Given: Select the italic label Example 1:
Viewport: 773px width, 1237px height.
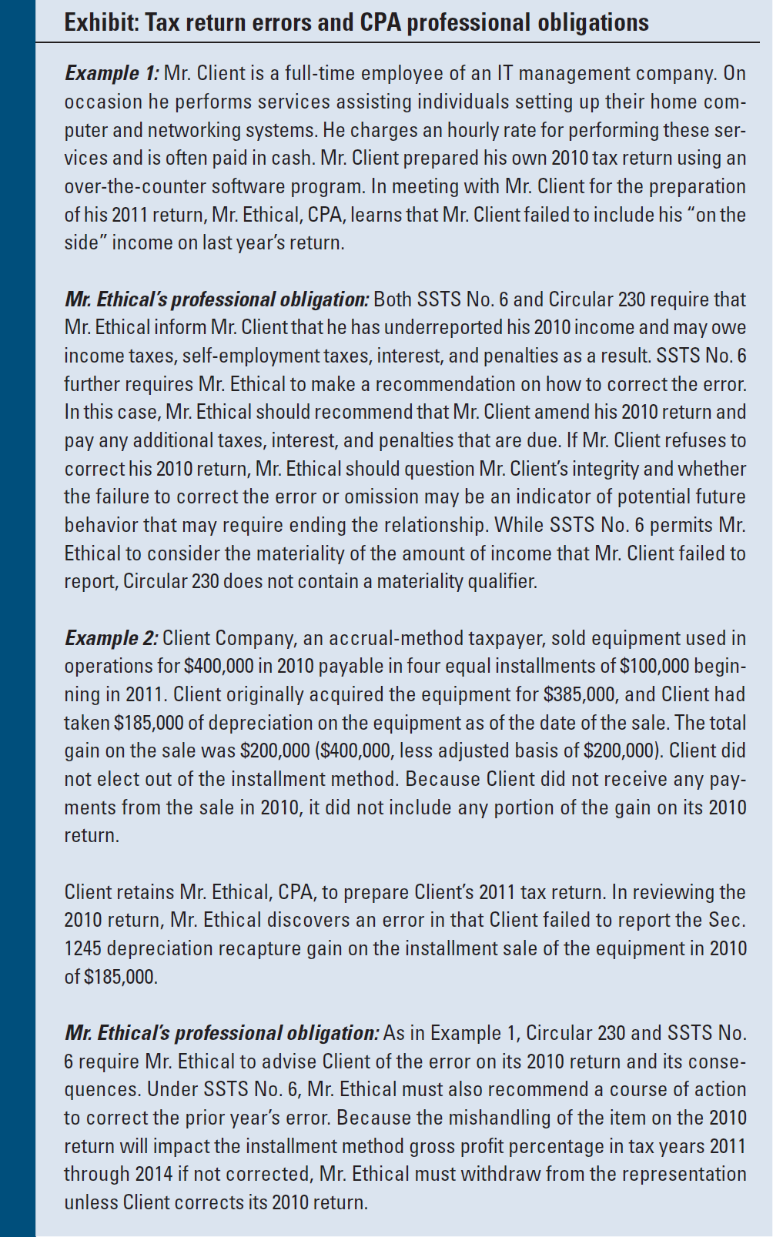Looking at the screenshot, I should click(x=112, y=73).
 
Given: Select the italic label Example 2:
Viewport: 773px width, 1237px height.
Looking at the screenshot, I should click(x=112, y=638).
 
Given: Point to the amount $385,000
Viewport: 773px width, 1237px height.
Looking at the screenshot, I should click(x=579, y=694).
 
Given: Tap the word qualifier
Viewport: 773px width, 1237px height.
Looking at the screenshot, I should click(x=501, y=581).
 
